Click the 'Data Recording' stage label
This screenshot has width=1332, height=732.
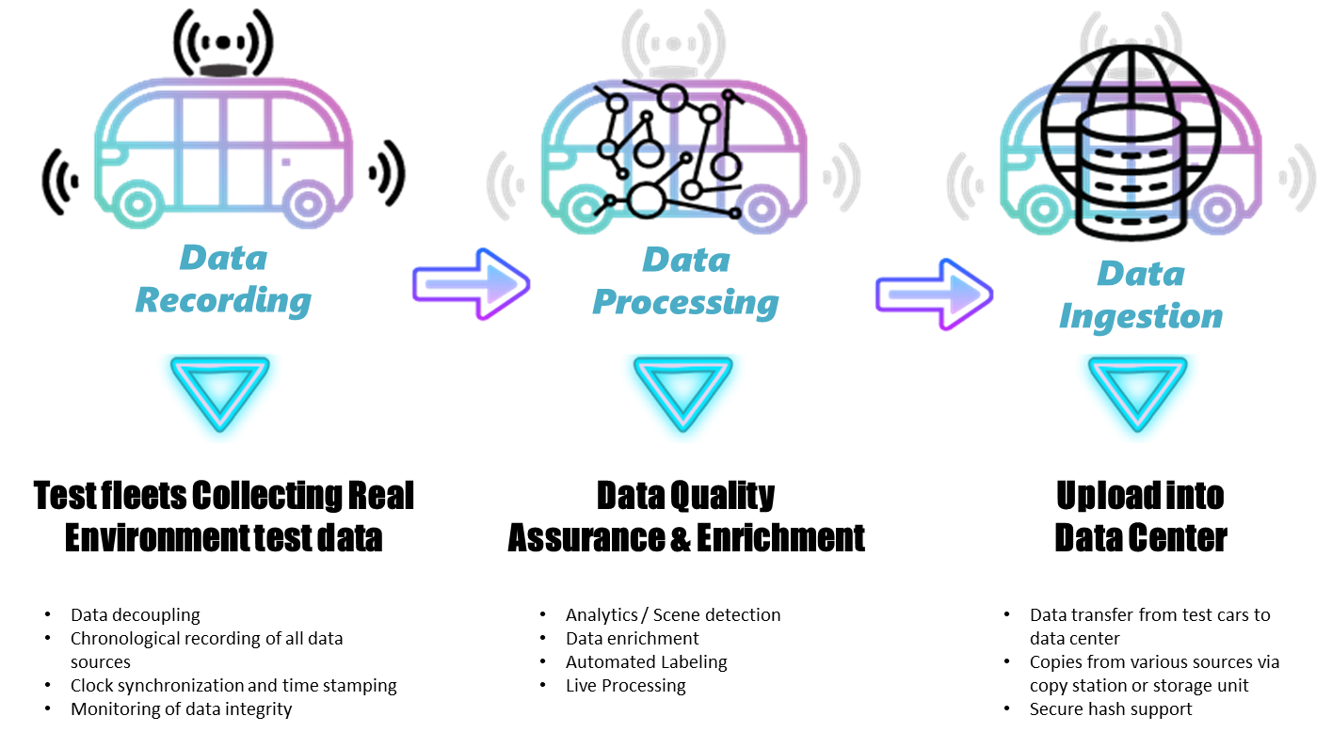[223, 279]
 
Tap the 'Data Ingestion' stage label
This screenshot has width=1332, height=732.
[1141, 295]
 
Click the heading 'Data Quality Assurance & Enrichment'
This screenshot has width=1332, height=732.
[685, 517]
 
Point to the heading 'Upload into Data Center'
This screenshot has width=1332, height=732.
[1140, 517]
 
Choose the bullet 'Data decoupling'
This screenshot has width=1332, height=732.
[136, 615]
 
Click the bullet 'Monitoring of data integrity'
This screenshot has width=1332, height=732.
[181, 709]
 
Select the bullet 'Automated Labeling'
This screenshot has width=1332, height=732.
[646, 662]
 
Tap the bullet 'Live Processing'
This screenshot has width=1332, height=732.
[625, 686]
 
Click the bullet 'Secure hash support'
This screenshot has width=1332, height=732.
[1111, 709]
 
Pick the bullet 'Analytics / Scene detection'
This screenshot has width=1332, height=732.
[673, 615]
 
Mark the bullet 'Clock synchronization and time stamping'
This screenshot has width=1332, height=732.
[233, 686]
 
